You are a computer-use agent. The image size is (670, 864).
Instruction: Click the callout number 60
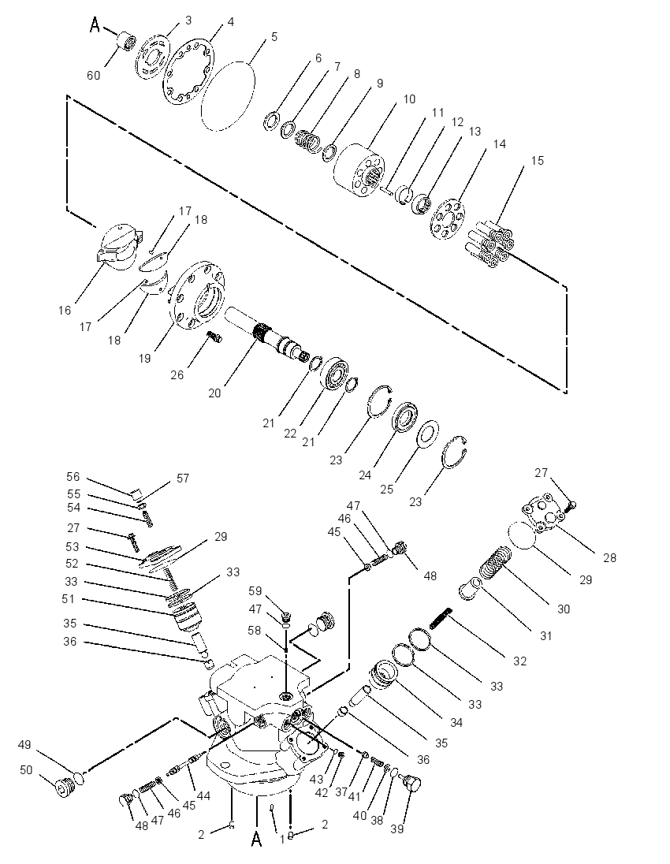click(x=94, y=75)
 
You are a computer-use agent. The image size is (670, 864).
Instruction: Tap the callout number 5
click(x=274, y=37)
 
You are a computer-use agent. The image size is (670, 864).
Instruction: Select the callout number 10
click(x=409, y=99)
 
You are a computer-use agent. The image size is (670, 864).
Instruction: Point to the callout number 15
click(x=538, y=160)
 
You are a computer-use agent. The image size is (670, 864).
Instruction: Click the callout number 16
click(x=65, y=311)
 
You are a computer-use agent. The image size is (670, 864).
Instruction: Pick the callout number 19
click(x=144, y=358)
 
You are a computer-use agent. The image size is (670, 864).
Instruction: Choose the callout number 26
click(x=177, y=374)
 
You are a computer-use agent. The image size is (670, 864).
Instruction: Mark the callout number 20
click(x=214, y=393)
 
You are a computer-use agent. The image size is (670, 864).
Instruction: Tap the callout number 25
click(x=387, y=489)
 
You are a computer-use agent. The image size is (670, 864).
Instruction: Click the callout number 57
click(x=183, y=479)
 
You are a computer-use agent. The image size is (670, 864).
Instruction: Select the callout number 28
click(x=609, y=557)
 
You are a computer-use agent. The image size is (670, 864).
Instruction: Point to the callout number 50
click(x=26, y=769)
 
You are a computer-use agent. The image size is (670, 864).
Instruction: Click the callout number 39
click(x=396, y=829)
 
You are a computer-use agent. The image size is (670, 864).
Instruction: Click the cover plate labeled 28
click(x=544, y=512)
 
